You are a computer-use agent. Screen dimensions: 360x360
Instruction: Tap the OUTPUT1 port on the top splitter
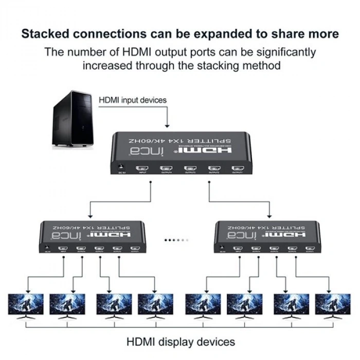pos(237,168)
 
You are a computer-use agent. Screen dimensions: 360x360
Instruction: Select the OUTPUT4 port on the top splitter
pos(166,168)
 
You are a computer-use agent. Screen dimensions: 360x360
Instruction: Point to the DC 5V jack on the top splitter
pos(121,168)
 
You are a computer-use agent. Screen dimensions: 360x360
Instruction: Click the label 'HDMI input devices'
pos(133,100)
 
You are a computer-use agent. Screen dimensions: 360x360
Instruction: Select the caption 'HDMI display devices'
pos(181,341)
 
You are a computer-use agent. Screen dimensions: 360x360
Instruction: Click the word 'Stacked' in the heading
pos(48,34)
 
